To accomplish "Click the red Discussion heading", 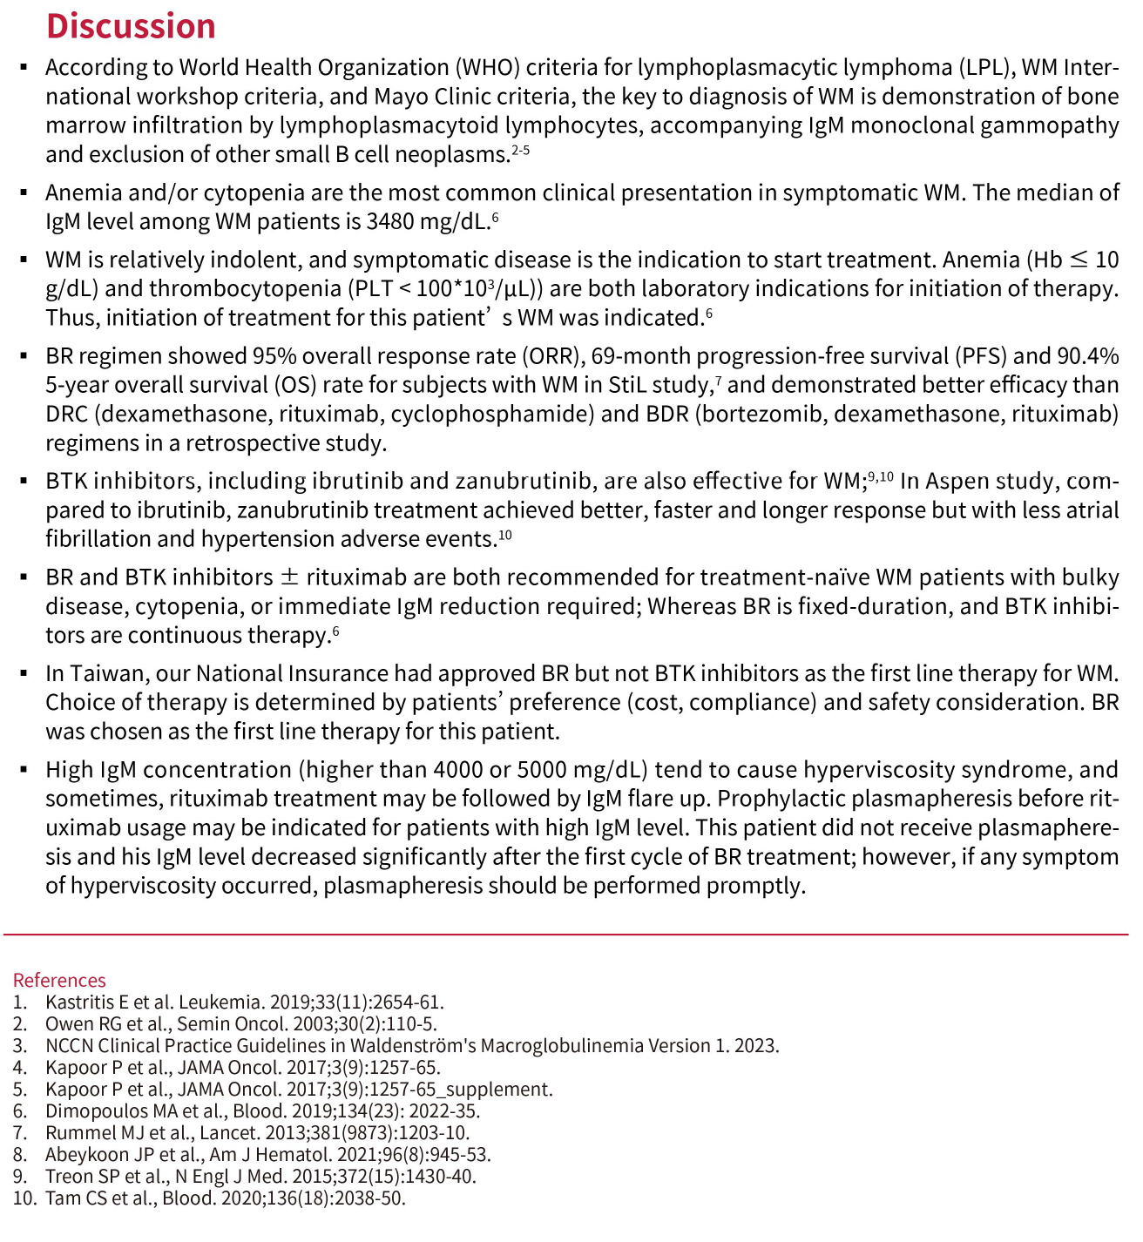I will (x=131, y=26).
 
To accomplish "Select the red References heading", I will (x=59, y=980).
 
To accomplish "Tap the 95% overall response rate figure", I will (x=273, y=356).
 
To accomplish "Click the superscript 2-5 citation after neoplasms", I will (x=521, y=151).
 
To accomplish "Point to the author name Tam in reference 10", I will (x=62, y=1198).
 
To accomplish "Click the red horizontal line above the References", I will (x=566, y=935).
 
